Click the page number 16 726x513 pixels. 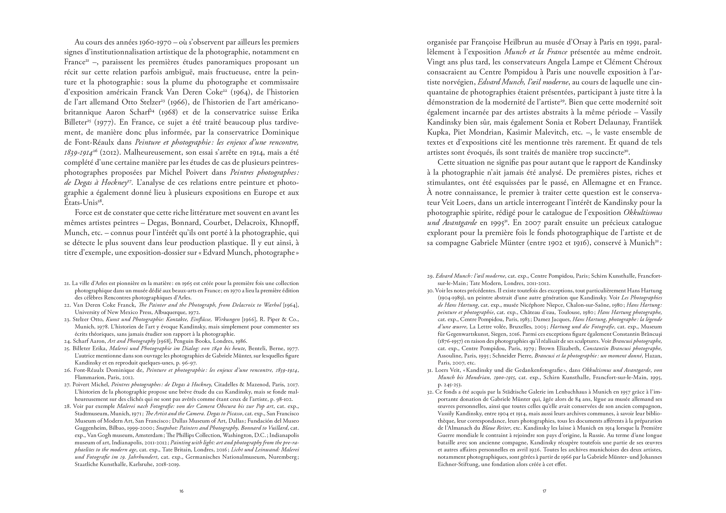(x=181, y=492)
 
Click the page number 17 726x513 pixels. (x=544, y=492)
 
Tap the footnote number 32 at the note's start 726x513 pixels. (x=430, y=392)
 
